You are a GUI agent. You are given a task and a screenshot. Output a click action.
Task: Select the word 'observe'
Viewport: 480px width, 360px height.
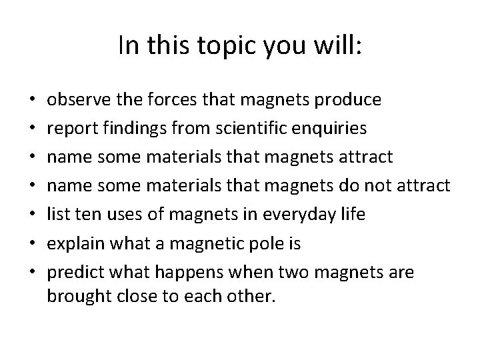(x=73, y=100)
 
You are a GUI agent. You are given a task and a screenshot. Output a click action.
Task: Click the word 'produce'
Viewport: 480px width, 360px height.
(x=351, y=101)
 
